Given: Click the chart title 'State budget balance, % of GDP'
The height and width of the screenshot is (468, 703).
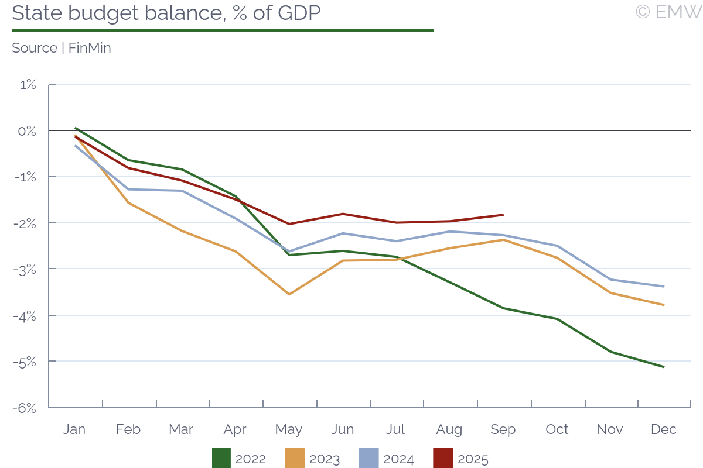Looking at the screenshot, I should [166, 13].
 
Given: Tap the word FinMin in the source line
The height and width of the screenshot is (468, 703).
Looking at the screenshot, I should [90, 48].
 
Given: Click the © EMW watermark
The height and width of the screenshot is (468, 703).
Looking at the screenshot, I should [668, 12].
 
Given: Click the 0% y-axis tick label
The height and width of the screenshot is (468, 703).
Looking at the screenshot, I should [27, 131].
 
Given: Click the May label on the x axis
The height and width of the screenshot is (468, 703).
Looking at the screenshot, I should [289, 429].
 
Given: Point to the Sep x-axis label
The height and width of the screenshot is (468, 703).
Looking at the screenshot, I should [503, 429].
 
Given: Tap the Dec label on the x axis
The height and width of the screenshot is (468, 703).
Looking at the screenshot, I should [664, 429].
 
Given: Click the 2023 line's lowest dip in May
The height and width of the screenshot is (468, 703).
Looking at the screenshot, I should [289, 294].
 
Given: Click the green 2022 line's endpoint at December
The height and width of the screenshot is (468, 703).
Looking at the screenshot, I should [664, 367].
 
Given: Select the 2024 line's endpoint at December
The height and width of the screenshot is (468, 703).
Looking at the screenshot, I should [664, 286].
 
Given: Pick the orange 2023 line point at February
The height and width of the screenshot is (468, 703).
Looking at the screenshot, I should [128, 202].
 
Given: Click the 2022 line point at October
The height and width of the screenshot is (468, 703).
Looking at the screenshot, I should [557, 319].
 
